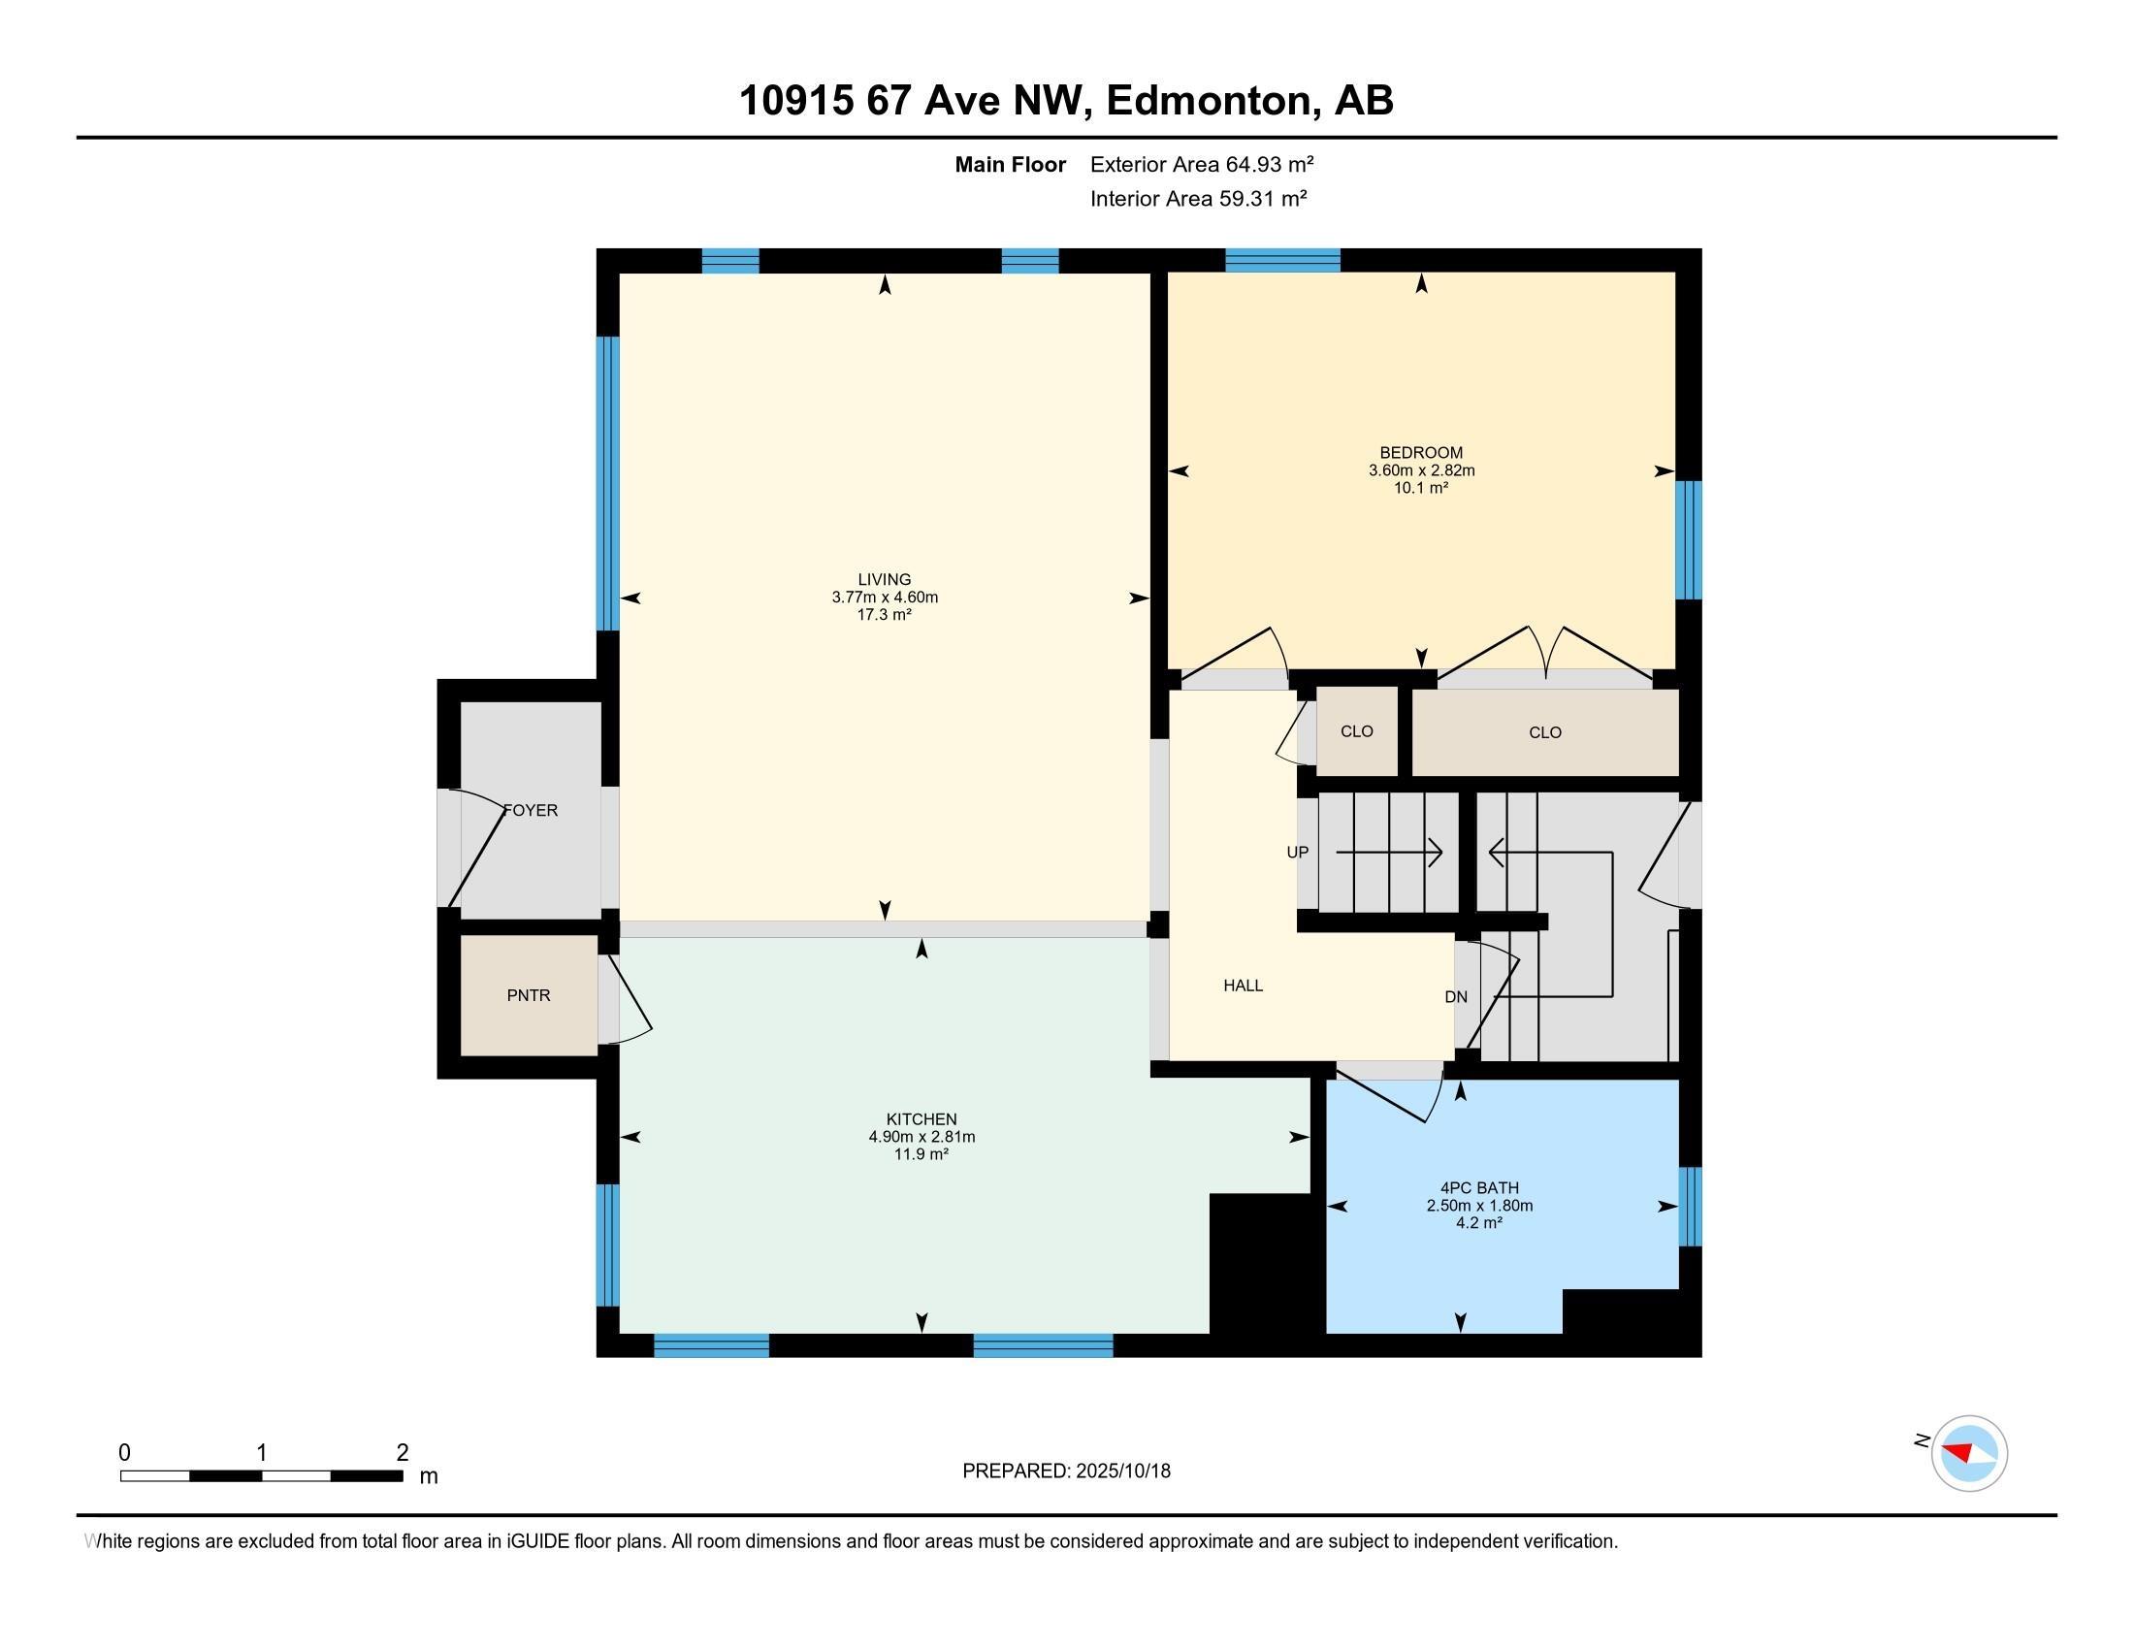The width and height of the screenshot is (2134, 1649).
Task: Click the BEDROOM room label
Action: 1421,452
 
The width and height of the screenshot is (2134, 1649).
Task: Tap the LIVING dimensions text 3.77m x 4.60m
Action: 885,597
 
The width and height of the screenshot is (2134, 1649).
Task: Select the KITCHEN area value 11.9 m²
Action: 921,1153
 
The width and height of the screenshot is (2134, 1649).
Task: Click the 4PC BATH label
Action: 1479,1188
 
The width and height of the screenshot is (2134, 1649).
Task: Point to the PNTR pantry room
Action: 529,995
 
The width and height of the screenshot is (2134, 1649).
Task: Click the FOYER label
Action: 531,810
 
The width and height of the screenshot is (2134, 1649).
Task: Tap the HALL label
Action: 1243,986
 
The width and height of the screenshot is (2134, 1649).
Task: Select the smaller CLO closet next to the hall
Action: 1356,731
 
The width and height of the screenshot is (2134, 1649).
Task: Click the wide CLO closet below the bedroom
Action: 1545,732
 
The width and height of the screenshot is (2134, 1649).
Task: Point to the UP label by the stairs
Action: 1297,852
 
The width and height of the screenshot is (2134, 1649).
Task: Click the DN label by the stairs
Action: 1455,996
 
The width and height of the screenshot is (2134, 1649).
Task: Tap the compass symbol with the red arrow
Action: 1968,1454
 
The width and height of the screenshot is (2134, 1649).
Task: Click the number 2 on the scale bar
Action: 402,1453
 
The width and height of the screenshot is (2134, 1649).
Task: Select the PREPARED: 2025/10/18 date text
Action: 1066,1471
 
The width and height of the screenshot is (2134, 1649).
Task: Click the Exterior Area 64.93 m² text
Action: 1201,164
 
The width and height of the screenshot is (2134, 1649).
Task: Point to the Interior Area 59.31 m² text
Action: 1198,198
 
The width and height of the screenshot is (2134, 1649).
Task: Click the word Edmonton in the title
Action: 1208,101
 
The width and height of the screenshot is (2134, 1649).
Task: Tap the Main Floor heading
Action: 1010,164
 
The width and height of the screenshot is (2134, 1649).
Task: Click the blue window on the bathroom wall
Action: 1690,1207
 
